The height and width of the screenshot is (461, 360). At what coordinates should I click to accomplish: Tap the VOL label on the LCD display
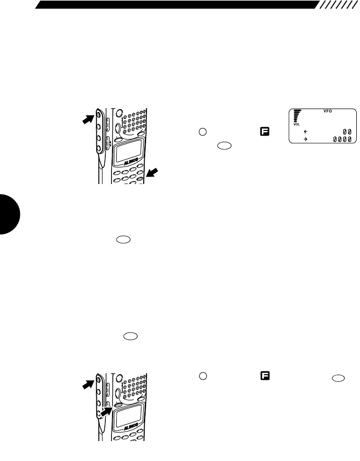tap(296, 125)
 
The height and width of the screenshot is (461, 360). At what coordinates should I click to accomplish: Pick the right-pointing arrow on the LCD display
tap(306, 139)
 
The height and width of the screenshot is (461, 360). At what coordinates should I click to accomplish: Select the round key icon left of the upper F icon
tap(202, 131)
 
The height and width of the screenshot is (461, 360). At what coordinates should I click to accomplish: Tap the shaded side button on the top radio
tap(98, 114)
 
